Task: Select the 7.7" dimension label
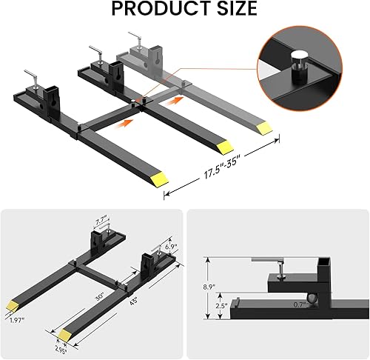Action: pyautogui.click(x=103, y=220)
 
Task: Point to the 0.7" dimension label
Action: pyautogui.click(x=298, y=304)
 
